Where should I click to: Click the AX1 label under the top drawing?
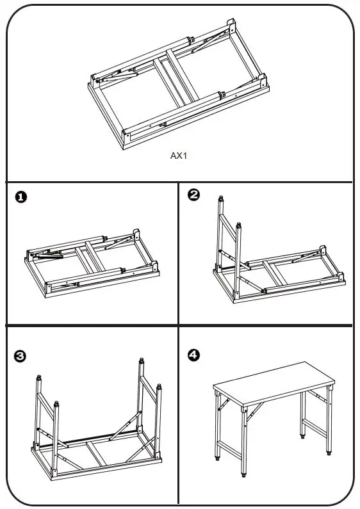180,155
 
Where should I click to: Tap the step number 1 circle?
21,198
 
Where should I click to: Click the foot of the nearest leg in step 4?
243,474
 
